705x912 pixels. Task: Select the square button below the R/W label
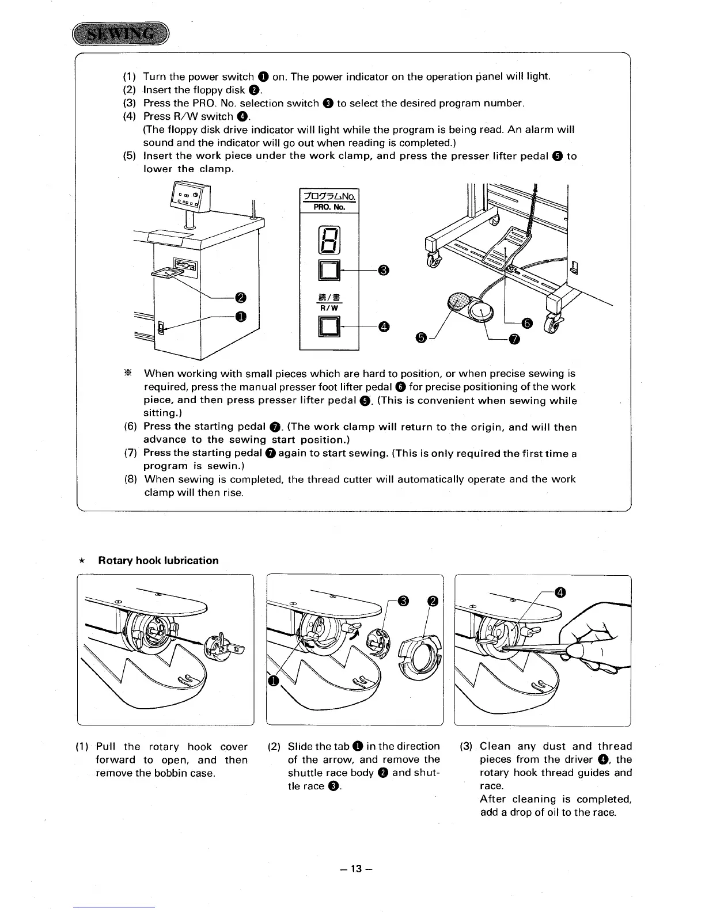329,327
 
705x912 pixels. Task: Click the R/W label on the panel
329,307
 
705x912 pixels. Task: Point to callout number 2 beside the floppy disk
241,297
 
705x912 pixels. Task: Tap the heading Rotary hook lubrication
158,561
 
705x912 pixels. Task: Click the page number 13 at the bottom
352,868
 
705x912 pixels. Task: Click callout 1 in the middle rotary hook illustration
274,682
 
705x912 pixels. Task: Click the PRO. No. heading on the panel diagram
329,206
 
